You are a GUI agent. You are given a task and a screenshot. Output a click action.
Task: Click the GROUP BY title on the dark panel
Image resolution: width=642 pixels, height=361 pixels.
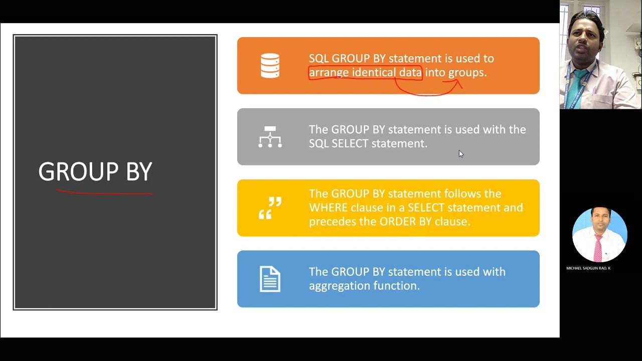point(95,172)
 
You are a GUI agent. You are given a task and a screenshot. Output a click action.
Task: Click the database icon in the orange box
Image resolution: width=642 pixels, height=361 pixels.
point(270,66)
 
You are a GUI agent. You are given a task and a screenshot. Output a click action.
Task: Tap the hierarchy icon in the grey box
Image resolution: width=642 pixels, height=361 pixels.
point(270,137)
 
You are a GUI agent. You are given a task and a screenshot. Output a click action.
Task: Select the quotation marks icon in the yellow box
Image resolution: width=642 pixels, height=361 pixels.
point(270,208)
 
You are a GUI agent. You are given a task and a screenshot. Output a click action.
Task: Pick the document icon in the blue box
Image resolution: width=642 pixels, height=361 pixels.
point(270,279)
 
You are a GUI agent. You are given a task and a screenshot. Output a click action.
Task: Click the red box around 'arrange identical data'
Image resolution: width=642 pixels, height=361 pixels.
point(365,73)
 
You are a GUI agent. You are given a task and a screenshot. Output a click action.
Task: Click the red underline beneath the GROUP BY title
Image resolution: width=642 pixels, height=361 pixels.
point(104,192)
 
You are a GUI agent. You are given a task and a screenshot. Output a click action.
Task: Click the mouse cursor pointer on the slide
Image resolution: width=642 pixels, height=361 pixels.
point(461,154)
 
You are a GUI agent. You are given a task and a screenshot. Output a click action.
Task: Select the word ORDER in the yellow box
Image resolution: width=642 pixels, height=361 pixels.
point(397,222)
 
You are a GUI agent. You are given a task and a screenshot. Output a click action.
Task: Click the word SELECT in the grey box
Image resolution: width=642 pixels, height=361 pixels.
point(350,143)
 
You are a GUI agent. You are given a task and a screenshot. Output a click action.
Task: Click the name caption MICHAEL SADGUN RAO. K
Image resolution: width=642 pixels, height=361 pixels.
point(588,268)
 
